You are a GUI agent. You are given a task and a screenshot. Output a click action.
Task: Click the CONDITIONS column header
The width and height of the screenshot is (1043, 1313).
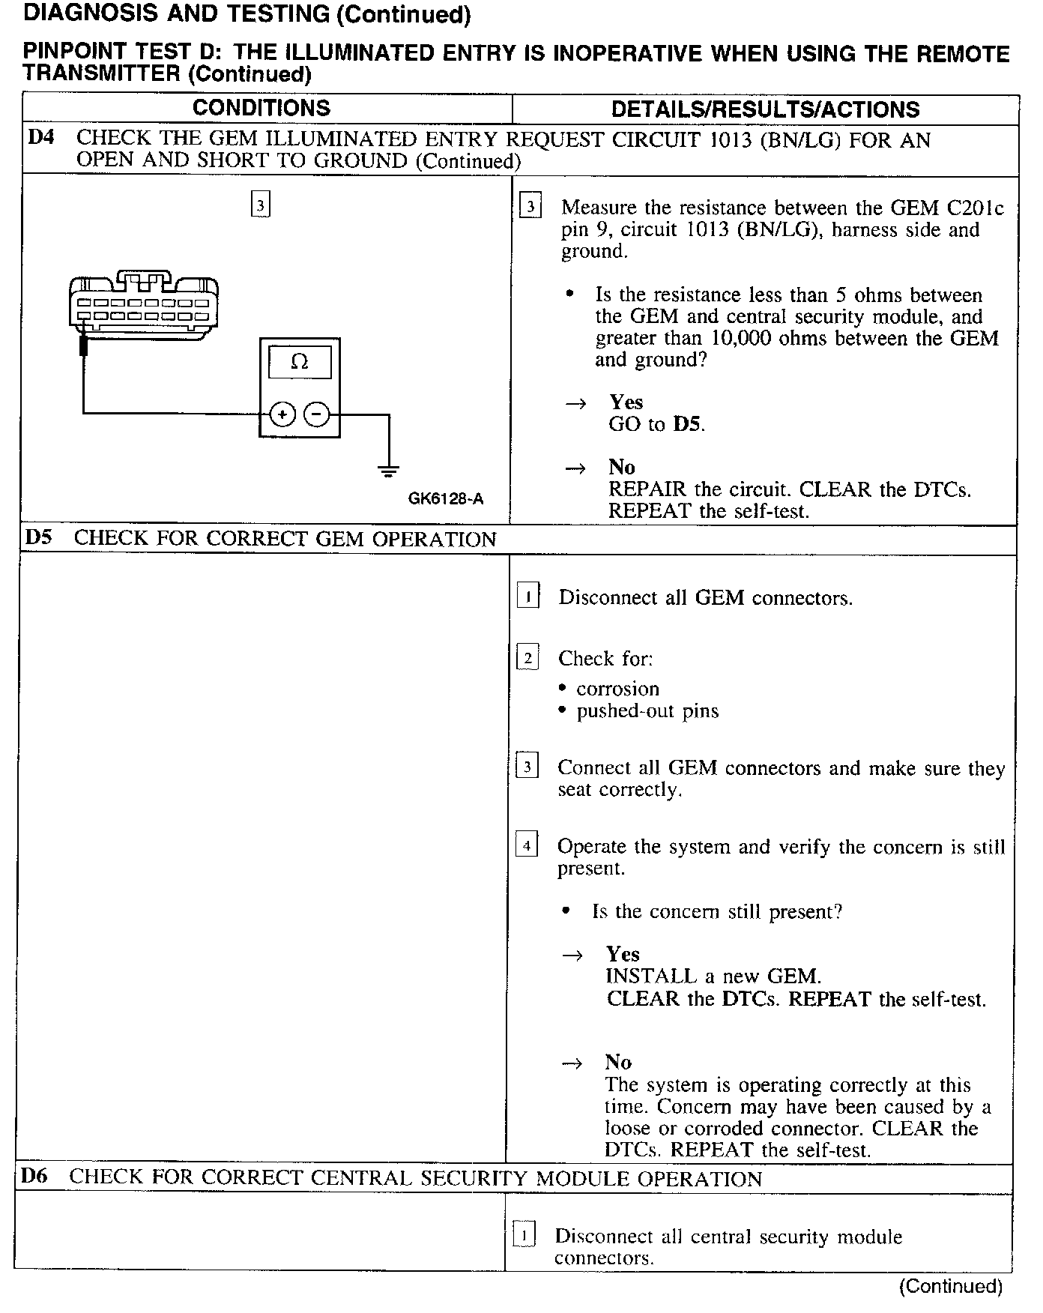point(261,108)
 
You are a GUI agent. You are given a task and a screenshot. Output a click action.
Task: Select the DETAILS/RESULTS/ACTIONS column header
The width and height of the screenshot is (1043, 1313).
point(765,109)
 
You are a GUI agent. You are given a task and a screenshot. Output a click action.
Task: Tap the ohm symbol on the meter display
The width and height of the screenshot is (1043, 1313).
point(299,362)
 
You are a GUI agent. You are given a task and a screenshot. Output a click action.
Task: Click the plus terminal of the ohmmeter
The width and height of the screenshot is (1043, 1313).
point(282,413)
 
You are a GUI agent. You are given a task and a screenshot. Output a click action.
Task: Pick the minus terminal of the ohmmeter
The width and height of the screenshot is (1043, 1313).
point(317,413)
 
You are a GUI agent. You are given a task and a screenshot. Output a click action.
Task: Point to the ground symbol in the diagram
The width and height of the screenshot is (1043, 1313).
point(388,471)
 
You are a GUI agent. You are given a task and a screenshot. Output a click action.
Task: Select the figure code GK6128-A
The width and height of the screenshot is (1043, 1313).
point(446,498)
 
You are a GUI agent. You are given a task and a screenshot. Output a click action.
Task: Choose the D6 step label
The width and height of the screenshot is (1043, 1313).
point(34,1177)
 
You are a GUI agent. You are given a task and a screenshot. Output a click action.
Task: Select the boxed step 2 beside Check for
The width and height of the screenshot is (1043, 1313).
point(527,658)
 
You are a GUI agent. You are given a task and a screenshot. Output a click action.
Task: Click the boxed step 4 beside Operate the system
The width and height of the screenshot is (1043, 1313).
point(527,846)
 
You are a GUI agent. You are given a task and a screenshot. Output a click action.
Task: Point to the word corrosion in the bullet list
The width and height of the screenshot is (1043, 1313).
point(617,689)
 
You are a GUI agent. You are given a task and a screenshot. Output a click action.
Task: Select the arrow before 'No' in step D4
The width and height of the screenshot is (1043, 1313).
point(575,468)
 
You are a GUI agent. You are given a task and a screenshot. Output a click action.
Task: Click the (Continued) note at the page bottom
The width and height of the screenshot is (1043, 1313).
point(950,1286)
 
